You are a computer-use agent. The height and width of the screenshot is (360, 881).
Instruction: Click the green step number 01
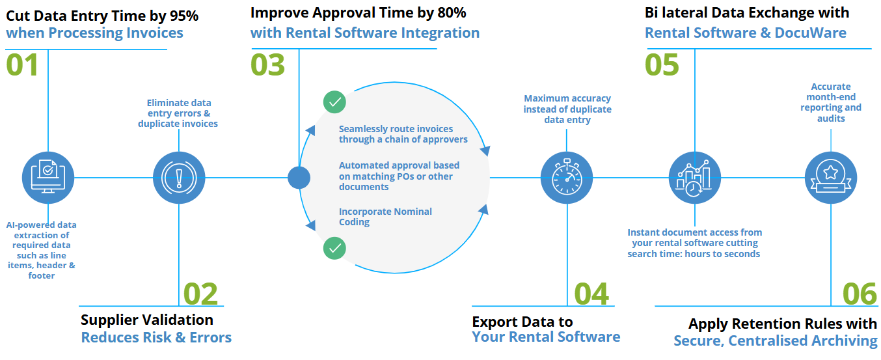22,65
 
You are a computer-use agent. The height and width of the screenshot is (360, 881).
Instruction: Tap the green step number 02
200,294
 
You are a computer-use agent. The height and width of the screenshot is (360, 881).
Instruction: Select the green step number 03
268,65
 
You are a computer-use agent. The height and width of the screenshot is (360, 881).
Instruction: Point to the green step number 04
591,294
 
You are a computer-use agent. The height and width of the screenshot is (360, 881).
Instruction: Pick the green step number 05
662,65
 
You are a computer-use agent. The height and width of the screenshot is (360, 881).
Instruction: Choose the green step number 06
860,294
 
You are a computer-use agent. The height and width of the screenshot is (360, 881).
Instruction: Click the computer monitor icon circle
48,178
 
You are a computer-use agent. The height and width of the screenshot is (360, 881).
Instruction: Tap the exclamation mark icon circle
179,178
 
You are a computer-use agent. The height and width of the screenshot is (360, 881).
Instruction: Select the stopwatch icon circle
567,178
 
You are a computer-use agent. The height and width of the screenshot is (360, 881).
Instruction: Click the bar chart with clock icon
695,178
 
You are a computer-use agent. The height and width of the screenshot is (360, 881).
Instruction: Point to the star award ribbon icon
831,178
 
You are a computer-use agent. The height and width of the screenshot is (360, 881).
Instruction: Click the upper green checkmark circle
334,102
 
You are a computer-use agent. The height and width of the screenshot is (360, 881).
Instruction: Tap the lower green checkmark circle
334,248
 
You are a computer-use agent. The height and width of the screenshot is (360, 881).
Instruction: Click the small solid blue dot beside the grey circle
299,178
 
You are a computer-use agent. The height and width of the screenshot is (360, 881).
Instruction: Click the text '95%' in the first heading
184,16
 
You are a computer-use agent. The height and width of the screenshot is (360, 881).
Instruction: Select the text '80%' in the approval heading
452,12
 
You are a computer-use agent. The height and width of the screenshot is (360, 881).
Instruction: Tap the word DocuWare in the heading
811,33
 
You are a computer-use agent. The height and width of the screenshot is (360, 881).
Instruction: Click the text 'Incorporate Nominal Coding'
385,217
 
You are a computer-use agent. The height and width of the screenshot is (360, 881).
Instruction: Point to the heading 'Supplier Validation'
147,320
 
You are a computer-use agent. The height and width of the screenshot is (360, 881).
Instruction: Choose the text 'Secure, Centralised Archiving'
775,340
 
